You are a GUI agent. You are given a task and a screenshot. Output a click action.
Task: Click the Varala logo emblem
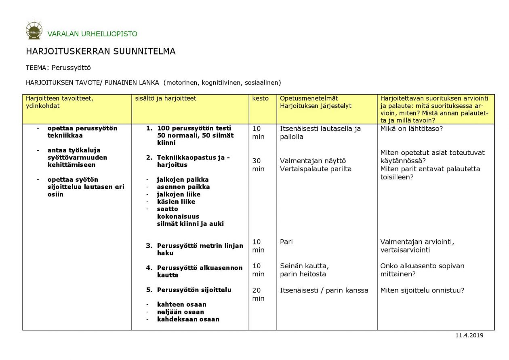tap(34, 30)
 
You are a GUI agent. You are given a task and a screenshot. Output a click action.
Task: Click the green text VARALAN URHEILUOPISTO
tap(92, 34)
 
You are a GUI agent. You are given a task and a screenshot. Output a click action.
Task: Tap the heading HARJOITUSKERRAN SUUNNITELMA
tap(101, 52)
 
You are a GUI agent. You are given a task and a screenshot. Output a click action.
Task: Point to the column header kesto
tap(260, 98)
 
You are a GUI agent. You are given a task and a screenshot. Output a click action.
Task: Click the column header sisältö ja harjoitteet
tap(166, 98)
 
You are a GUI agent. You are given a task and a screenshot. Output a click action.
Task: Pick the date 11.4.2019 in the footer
tap(469, 335)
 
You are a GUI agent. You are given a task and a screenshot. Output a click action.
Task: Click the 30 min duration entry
tap(258, 165)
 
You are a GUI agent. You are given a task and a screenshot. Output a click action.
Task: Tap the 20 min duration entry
tap(258, 294)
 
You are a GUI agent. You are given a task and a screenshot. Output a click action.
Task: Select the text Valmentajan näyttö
tap(313, 161)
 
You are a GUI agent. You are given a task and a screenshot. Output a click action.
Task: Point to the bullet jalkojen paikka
tap(183, 179)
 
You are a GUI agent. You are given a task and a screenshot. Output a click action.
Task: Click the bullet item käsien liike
tap(176, 202)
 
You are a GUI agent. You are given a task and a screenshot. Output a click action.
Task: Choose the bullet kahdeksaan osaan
tap(188, 319)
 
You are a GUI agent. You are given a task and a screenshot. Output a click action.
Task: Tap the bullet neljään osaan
tap(180, 312)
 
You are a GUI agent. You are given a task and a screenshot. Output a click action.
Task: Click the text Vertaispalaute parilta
tap(315, 169)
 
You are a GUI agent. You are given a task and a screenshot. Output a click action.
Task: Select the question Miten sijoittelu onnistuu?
tap(422, 290)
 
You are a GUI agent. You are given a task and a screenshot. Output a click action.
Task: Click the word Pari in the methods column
tap(286, 242)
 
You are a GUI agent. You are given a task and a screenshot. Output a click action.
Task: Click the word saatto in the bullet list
tap(167, 209)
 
